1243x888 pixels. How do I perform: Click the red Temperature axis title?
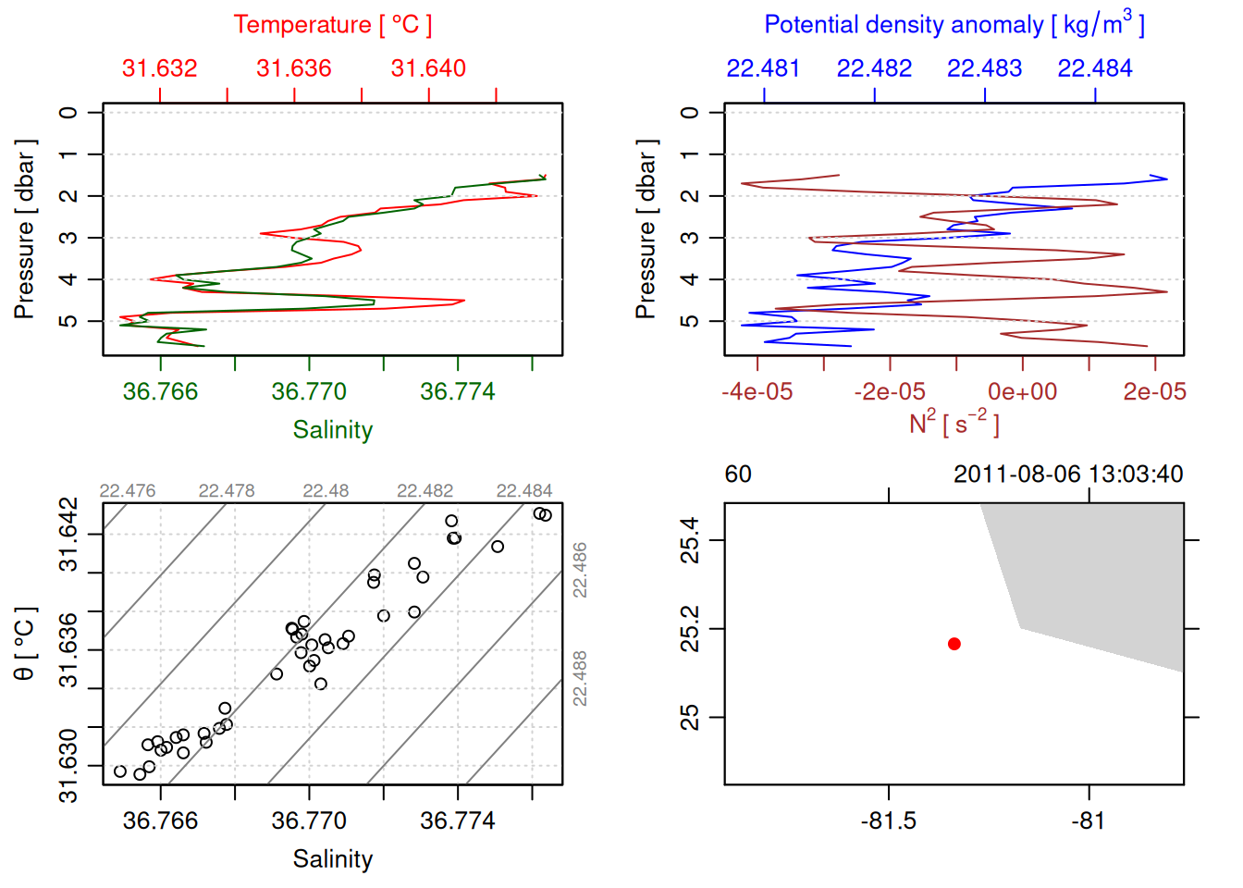332,25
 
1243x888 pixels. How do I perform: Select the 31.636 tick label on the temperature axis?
293,68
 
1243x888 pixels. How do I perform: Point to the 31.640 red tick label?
428,68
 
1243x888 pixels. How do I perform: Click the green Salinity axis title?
332,430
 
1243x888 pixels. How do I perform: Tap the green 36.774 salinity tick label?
457,392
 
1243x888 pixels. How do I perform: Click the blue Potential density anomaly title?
954,25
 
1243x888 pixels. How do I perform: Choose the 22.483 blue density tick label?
984,68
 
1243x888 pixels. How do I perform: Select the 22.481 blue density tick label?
763,68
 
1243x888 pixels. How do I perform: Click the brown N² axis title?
954,424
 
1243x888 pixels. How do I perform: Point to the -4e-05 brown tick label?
757,392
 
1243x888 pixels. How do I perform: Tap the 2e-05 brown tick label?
1154,392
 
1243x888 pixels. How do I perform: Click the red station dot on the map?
954,644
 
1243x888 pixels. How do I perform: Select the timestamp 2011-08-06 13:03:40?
1068,475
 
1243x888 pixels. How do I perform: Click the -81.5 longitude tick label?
889,821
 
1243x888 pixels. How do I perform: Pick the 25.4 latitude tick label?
690,540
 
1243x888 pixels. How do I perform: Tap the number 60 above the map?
738,475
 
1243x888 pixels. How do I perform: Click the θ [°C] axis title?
24,644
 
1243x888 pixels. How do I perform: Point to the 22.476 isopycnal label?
128,491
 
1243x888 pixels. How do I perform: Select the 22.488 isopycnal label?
580,678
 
